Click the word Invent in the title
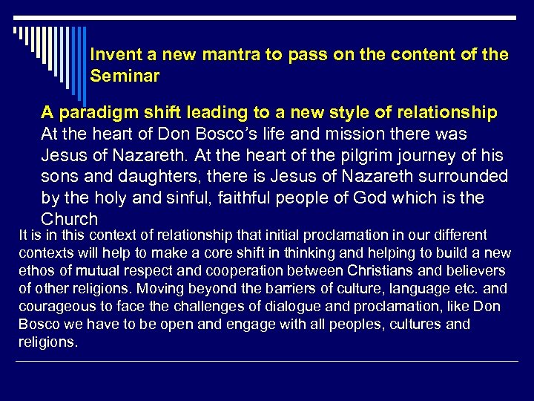[x=111, y=54]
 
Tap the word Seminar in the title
[x=125, y=76]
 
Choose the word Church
[x=70, y=219]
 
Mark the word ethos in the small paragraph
[x=36, y=271]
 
